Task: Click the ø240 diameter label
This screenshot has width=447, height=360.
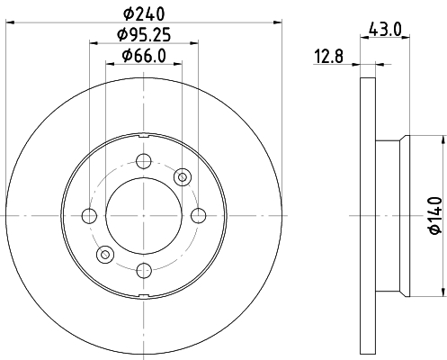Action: [144, 13]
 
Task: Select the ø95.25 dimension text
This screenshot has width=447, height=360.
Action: [144, 34]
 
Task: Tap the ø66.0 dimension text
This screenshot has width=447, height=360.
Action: [144, 56]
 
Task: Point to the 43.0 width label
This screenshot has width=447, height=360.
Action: [385, 30]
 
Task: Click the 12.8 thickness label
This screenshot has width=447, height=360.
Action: [328, 56]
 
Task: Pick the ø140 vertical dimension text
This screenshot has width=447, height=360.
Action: [435, 215]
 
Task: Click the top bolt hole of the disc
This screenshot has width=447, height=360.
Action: [144, 161]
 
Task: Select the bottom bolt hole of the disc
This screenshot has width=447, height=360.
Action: [144, 270]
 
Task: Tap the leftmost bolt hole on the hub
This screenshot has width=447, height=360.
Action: [89, 216]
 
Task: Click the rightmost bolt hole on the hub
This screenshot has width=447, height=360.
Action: [199, 216]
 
